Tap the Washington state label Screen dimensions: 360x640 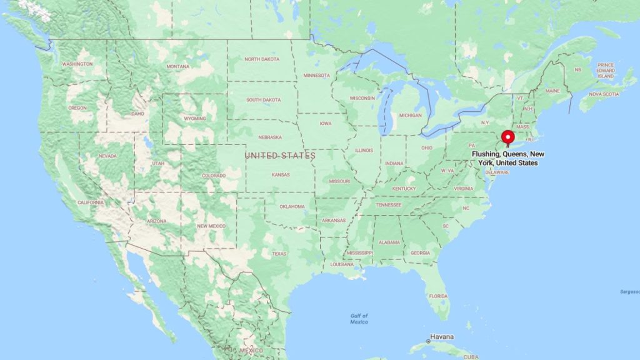(x=77, y=64)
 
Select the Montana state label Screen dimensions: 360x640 (x=177, y=66)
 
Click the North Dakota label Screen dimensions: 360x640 (x=261, y=59)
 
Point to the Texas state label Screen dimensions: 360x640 (x=279, y=253)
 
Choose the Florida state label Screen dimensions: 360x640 (x=438, y=296)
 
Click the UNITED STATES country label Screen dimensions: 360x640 (x=280, y=155)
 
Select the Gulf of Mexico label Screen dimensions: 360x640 (x=359, y=319)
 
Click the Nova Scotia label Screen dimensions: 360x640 (x=604, y=94)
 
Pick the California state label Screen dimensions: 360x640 (x=91, y=202)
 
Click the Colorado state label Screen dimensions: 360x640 (x=214, y=176)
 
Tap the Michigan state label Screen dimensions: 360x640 (x=410, y=116)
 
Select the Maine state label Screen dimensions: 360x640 (x=552, y=91)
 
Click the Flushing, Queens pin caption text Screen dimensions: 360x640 (x=507, y=158)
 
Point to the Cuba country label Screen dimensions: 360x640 (x=471, y=357)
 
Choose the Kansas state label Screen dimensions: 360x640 (x=281, y=175)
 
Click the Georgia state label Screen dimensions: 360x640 (x=420, y=252)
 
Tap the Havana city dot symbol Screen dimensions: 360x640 (x=428, y=341)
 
